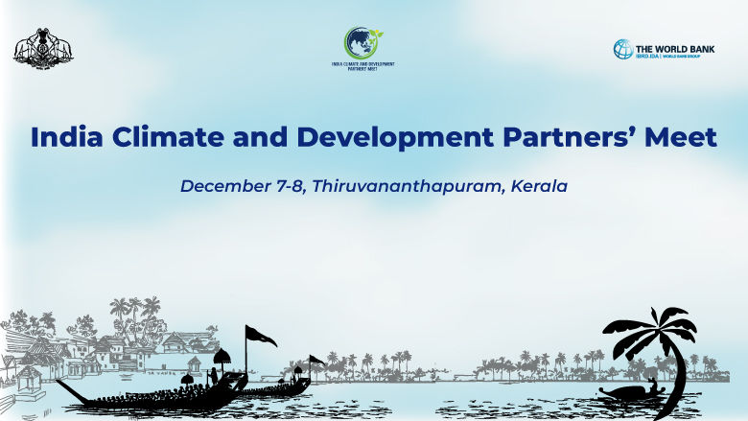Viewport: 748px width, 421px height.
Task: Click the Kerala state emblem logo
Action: coord(43,48)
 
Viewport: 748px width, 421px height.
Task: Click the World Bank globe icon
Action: coord(623,49)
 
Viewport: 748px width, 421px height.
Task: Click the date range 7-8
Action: coord(292,185)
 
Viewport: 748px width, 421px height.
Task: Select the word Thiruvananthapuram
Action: coord(405,185)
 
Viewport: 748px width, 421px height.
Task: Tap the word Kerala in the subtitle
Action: coord(538,185)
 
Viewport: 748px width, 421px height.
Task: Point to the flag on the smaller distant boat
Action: coord(316,361)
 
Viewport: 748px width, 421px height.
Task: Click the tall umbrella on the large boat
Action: coord(222,357)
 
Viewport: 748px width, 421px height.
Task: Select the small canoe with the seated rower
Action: coord(628,394)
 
